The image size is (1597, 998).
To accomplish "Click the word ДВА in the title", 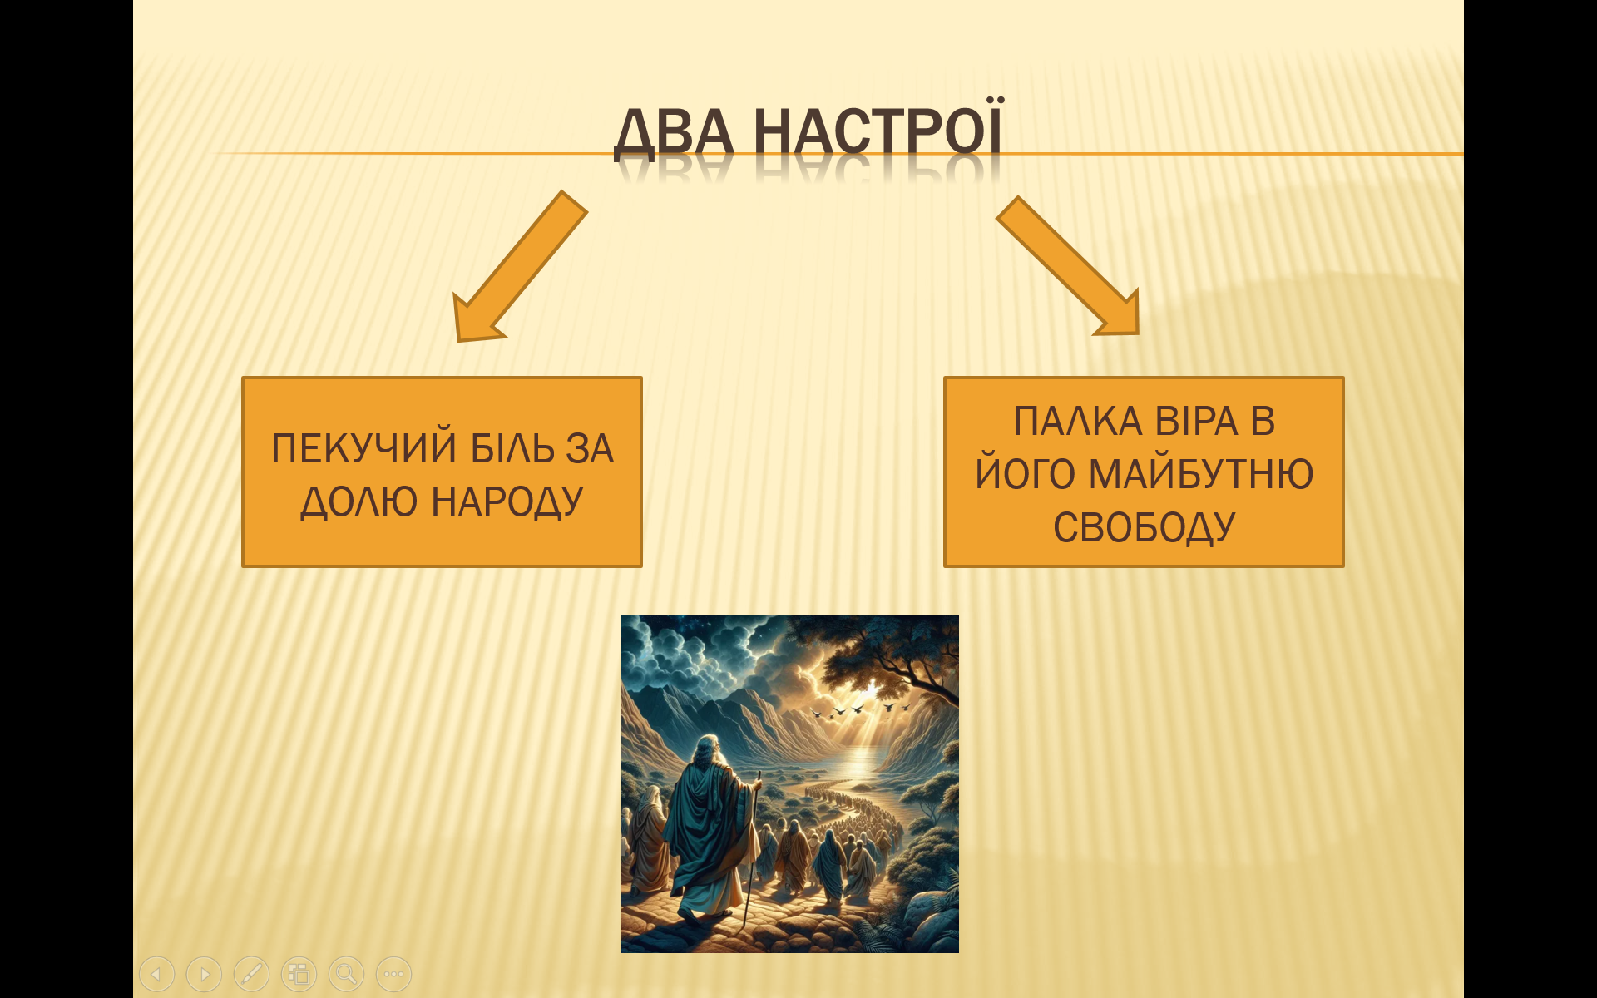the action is click(x=675, y=133).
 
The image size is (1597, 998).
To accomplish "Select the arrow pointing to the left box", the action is click(x=520, y=266).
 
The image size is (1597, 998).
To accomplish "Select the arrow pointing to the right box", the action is click(x=1068, y=266).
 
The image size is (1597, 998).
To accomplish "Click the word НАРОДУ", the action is click(x=507, y=502).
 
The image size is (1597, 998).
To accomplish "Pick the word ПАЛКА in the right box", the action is click(x=1078, y=422).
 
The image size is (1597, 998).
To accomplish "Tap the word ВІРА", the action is click(x=1197, y=422).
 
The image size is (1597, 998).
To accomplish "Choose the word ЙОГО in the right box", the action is click(x=1026, y=473).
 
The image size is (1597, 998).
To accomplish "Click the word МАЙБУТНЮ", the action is click(x=1201, y=473).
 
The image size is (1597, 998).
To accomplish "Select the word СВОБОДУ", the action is click(x=1145, y=528).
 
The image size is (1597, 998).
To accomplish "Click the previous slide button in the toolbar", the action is click(x=157, y=974).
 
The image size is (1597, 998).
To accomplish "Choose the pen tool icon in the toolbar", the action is click(x=252, y=974).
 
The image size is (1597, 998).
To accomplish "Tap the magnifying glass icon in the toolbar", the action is click(x=347, y=974).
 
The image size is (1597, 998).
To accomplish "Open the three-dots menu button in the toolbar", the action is click(x=394, y=974).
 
